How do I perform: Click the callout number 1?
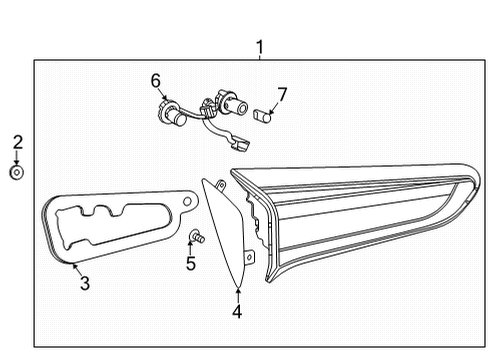click(260, 46)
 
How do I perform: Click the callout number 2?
click(17, 143)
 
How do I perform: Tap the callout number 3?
click(85, 284)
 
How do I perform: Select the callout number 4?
click(237, 311)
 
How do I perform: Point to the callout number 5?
click(190, 264)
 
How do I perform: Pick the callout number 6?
click(155, 79)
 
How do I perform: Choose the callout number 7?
click(282, 95)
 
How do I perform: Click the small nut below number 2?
click(17, 172)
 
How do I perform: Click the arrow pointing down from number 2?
click(17, 157)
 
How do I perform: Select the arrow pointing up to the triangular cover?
click(237, 292)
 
